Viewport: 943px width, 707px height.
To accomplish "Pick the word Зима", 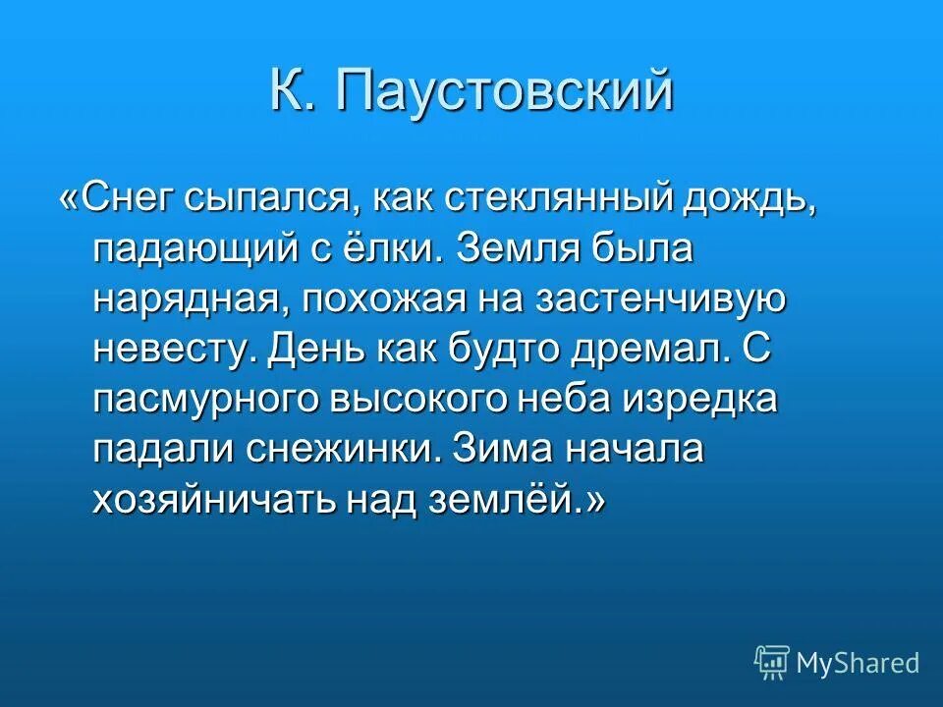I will (x=500, y=451).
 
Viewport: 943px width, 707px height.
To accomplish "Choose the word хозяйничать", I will (x=211, y=502).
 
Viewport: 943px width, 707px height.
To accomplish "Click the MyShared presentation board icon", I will (x=771, y=663).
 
